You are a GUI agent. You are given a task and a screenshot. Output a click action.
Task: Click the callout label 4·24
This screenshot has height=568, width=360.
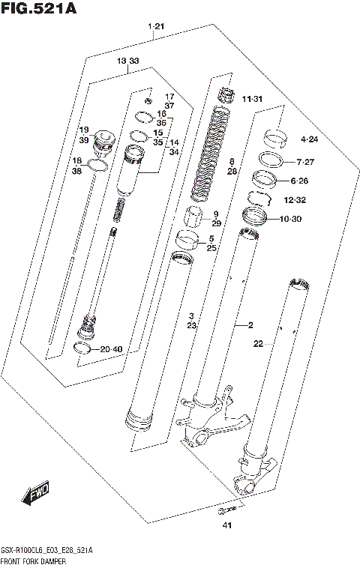tap(309, 139)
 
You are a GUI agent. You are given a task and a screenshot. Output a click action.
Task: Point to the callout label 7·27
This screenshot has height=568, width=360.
tap(305, 162)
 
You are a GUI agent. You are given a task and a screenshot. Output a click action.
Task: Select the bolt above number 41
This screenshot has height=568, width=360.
tap(221, 511)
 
